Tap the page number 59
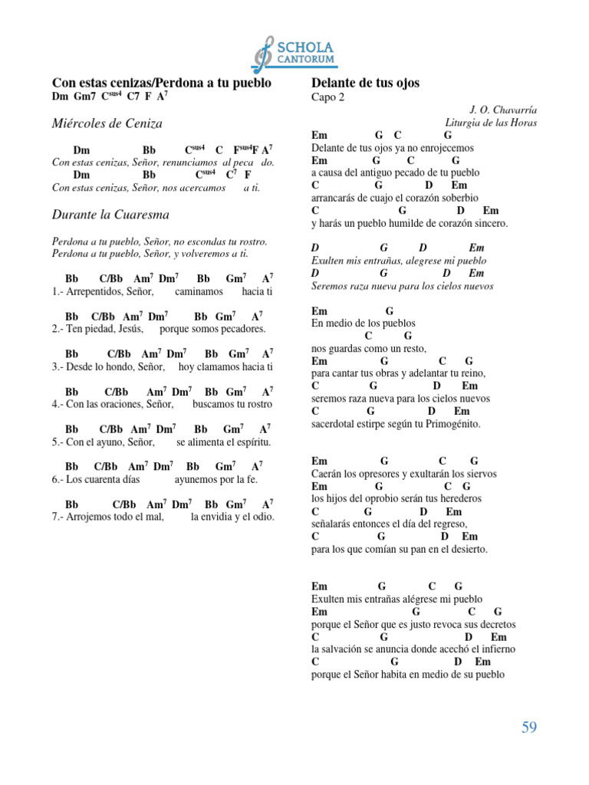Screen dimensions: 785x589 (x=529, y=728)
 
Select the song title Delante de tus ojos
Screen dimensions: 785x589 (x=365, y=83)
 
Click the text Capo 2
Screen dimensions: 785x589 (x=328, y=97)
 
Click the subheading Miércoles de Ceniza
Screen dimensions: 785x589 (x=107, y=123)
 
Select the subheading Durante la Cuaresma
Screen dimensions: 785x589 (x=110, y=214)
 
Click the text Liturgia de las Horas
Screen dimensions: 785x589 (x=491, y=123)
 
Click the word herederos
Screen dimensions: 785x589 (x=463, y=499)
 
